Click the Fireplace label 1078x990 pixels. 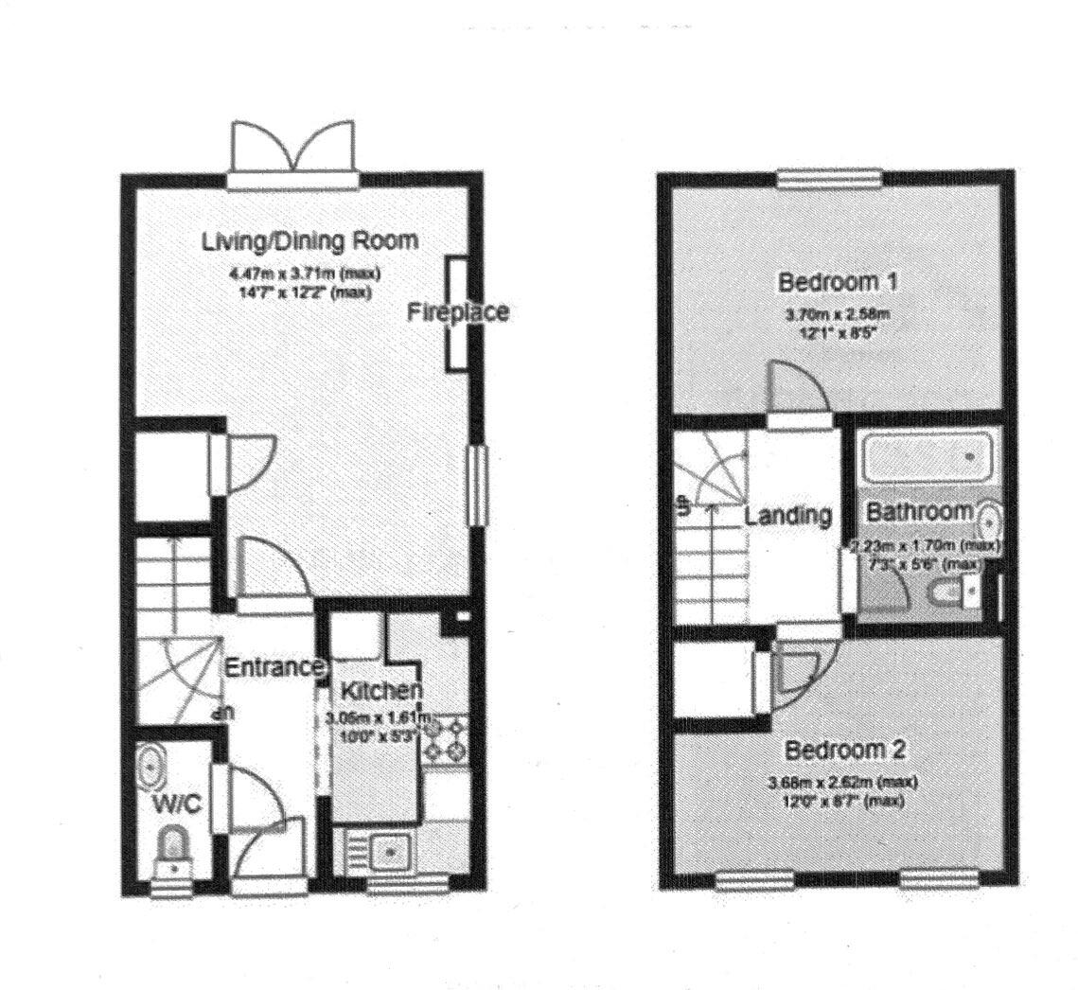pyautogui.click(x=458, y=312)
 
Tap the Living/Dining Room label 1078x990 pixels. pyautogui.click(x=309, y=240)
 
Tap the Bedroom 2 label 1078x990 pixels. pyautogui.click(x=846, y=751)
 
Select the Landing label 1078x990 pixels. pyautogui.click(x=787, y=516)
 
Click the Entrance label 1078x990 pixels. pyautogui.click(x=274, y=667)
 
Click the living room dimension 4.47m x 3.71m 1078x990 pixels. pyautogui.click(x=304, y=274)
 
